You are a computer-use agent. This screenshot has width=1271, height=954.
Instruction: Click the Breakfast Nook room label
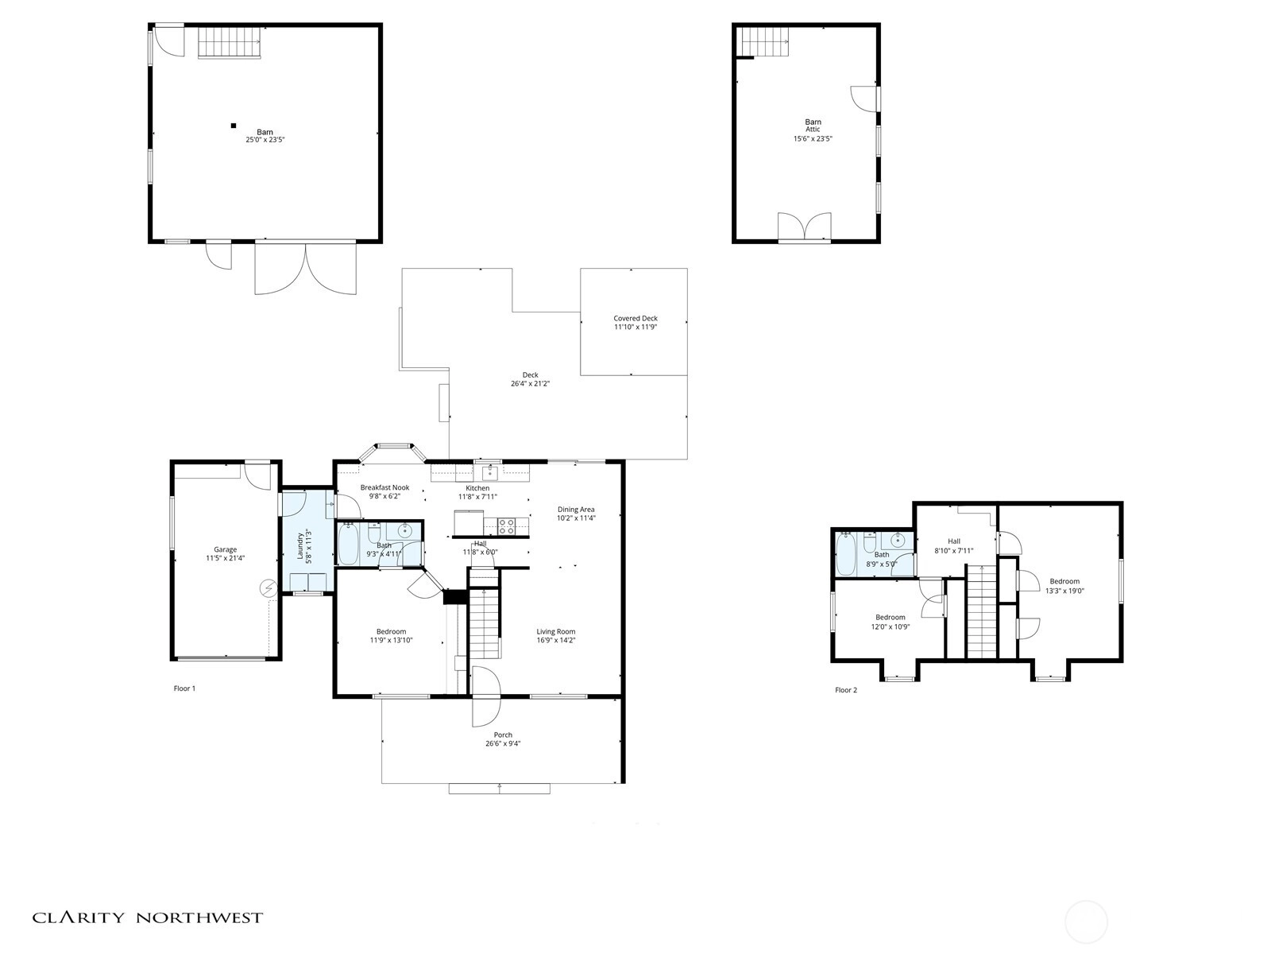pos(384,487)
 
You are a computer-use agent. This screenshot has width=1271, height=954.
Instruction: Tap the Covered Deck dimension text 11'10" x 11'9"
pos(635,327)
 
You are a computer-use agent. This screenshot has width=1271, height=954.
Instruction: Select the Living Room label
pos(555,631)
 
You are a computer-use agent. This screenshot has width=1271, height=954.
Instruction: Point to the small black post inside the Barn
pos(234,125)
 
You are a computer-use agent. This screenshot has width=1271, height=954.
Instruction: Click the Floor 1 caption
pos(185,688)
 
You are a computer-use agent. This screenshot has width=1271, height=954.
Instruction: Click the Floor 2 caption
pos(846,690)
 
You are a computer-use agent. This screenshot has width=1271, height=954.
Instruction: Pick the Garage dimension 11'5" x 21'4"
pos(226,558)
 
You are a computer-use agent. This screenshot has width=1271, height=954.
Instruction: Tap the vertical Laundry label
pos(300,545)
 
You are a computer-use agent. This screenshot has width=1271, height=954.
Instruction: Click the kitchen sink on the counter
pos(490,473)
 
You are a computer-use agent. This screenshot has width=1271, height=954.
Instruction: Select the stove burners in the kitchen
pos(506,526)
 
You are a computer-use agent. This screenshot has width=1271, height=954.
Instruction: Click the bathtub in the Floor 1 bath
pos(348,543)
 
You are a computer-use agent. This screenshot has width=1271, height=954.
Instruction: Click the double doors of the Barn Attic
pos(804,227)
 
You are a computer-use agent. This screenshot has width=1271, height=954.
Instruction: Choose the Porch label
pos(503,735)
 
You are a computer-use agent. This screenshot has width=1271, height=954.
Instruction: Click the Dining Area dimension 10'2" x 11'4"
pos(576,518)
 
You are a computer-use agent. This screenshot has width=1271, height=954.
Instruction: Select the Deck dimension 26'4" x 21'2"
pos(530,383)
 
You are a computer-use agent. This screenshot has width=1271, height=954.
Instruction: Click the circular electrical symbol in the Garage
pos(268,588)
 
